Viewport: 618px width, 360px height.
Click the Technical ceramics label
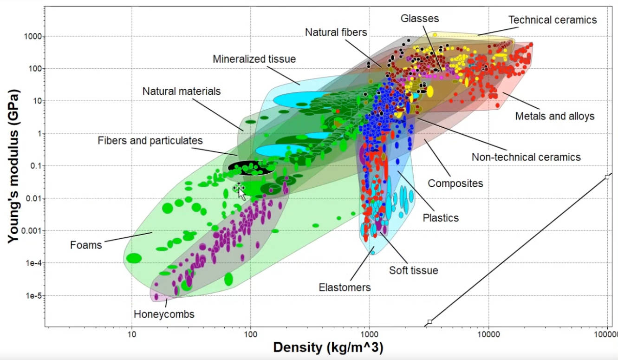553,20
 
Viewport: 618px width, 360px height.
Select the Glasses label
420,19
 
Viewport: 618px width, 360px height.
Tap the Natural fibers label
336,33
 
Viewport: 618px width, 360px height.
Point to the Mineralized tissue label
254,59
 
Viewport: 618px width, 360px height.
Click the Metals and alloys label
554,116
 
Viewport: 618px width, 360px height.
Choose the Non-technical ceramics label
526,157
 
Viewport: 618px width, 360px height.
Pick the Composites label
455,183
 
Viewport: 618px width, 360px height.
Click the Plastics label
441,217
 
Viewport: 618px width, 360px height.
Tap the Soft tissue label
413,270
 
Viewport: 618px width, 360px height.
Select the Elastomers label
345,288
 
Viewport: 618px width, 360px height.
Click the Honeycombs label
164,314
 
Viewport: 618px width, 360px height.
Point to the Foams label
86,245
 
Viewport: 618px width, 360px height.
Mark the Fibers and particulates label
150,140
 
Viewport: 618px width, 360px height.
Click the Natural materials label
181,91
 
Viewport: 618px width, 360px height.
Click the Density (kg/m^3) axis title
328,347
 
